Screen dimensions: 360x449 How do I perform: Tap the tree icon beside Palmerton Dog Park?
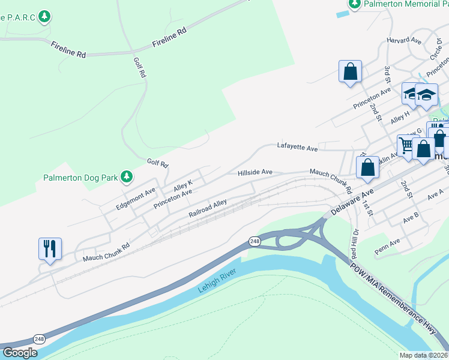126,176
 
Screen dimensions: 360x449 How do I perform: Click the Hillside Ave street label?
255,172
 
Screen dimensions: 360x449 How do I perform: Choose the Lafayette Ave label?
297,146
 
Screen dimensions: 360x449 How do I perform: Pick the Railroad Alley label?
208,208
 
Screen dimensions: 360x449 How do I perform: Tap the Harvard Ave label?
404,41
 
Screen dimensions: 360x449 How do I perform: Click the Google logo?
20,353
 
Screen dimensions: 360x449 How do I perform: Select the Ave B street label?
411,215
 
